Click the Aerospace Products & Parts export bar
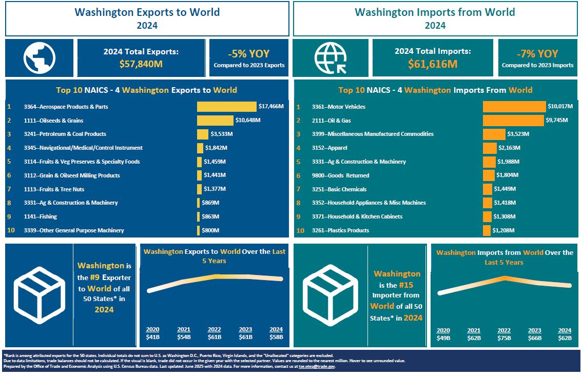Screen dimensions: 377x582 click(x=226, y=107)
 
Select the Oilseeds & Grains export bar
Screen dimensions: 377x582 click(x=215, y=121)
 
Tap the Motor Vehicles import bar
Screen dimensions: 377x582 click(x=514, y=107)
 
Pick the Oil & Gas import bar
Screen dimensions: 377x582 click(x=513, y=121)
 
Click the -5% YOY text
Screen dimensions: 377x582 click(x=249, y=54)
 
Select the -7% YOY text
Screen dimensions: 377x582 click(x=537, y=54)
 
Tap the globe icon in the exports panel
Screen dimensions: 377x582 click(x=40, y=56)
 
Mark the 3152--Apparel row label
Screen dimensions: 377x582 click(x=329, y=148)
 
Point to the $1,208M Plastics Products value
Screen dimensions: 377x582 click(x=503, y=230)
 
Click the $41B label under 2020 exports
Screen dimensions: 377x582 click(x=153, y=337)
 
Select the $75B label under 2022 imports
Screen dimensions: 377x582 click(x=504, y=338)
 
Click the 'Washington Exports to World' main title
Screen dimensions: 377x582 click(x=147, y=12)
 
